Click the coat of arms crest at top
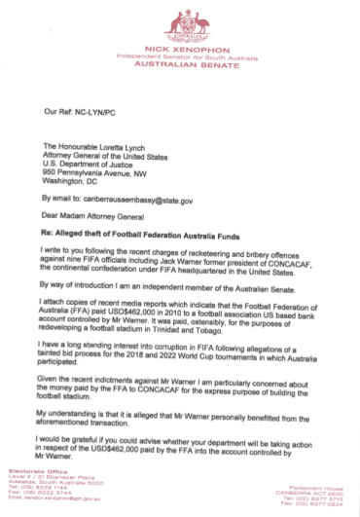point(180,20)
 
